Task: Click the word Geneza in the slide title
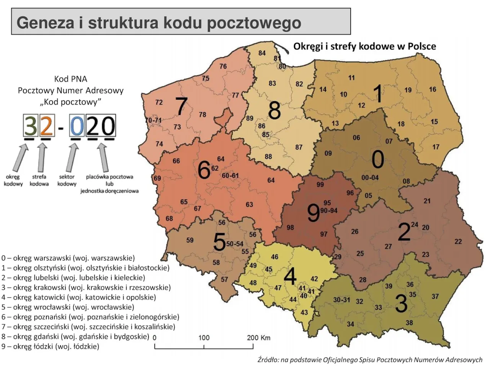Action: tap(45, 23)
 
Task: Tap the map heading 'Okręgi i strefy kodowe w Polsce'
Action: tap(364, 46)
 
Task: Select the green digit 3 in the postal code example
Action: tap(30, 126)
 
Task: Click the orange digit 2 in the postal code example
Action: tap(46, 126)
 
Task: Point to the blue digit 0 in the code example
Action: tap(77, 126)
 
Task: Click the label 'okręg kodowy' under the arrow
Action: tap(13, 180)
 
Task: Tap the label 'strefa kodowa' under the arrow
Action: tap(39, 180)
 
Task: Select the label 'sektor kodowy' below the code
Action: tap(67, 180)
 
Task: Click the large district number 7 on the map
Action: tap(181, 106)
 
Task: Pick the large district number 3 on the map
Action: tap(401, 303)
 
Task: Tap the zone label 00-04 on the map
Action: tap(370, 177)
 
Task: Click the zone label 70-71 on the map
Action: tap(153, 120)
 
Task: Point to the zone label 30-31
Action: tap(341, 299)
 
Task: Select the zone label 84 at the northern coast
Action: tap(262, 53)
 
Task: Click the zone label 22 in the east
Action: tap(458, 242)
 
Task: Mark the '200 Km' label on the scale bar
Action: tap(258, 338)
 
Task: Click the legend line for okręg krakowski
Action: tap(86, 287)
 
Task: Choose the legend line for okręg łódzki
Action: tap(51, 347)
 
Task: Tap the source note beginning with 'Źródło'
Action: tap(369, 360)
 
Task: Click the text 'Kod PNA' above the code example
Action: tap(71, 79)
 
